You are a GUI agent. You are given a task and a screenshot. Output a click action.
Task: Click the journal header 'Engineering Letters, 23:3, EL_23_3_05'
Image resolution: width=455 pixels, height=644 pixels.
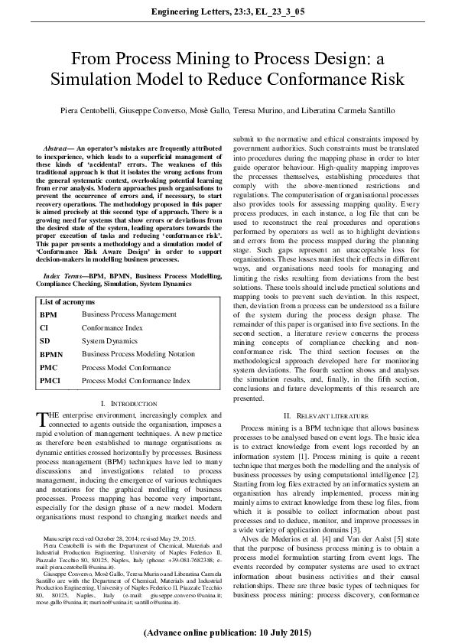tap(227, 11)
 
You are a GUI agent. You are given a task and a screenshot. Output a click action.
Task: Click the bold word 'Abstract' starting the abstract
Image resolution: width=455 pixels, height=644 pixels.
tap(58, 145)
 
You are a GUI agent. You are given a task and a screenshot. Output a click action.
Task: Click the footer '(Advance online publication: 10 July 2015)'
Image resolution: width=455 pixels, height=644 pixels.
tap(227, 633)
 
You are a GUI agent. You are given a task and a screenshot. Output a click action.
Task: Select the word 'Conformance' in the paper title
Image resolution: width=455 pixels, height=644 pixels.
tap(315, 79)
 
